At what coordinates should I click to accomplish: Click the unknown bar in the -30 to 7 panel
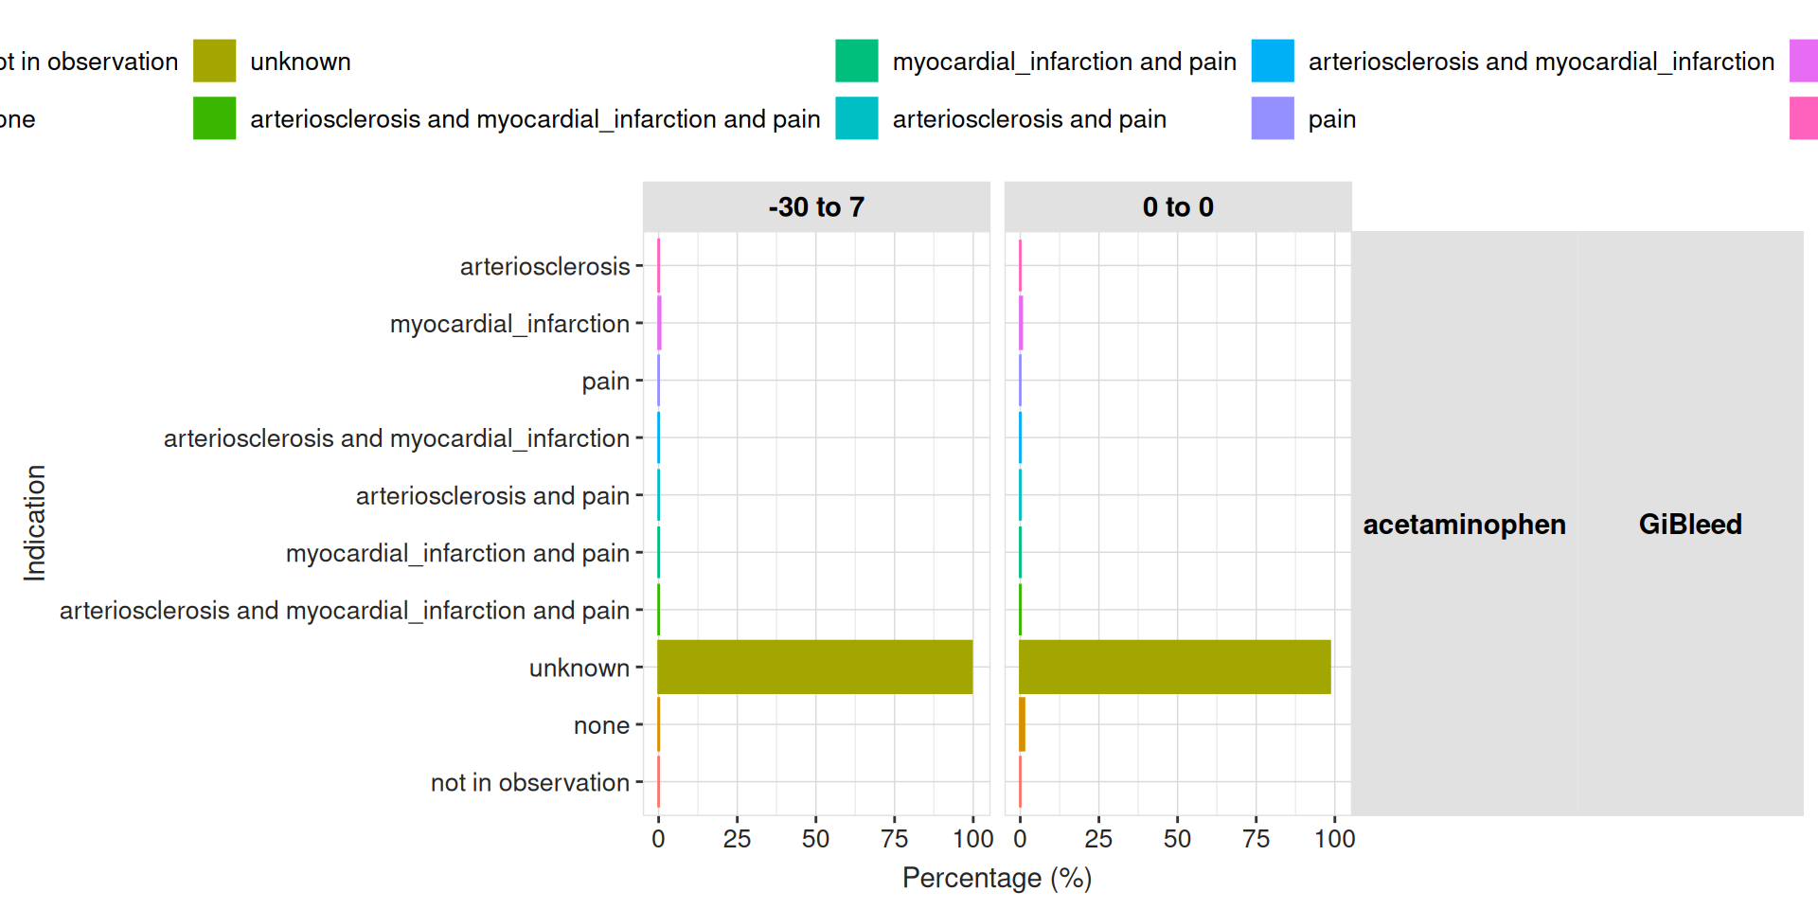[814, 667]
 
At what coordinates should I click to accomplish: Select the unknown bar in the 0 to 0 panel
[1174, 667]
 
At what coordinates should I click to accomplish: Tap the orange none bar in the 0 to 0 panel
[1022, 724]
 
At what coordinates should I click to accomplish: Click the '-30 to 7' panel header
[816, 206]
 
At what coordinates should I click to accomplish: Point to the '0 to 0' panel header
[1178, 206]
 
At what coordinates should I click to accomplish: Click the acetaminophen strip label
[1464, 524]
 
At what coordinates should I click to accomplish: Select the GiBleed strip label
[1690, 524]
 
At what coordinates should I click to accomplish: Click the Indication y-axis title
[35, 523]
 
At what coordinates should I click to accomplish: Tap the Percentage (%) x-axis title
[997, 878]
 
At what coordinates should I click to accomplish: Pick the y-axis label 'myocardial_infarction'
[509, 324]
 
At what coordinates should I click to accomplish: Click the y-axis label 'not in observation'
[529, 782]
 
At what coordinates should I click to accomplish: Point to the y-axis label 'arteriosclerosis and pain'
[492, 495]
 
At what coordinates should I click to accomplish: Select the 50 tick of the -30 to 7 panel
[815, 838]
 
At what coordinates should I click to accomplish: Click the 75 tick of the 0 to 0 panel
[1256, 838]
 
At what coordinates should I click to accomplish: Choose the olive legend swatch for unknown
[214, 61]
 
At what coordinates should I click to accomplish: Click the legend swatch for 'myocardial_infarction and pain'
[856, 61]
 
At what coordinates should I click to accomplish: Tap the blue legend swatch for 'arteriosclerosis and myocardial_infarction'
[1272, 61]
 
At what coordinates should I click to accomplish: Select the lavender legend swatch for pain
[1272, 118]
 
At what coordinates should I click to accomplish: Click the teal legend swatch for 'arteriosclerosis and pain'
[856, 118]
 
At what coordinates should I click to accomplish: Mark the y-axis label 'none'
[601, 725]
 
